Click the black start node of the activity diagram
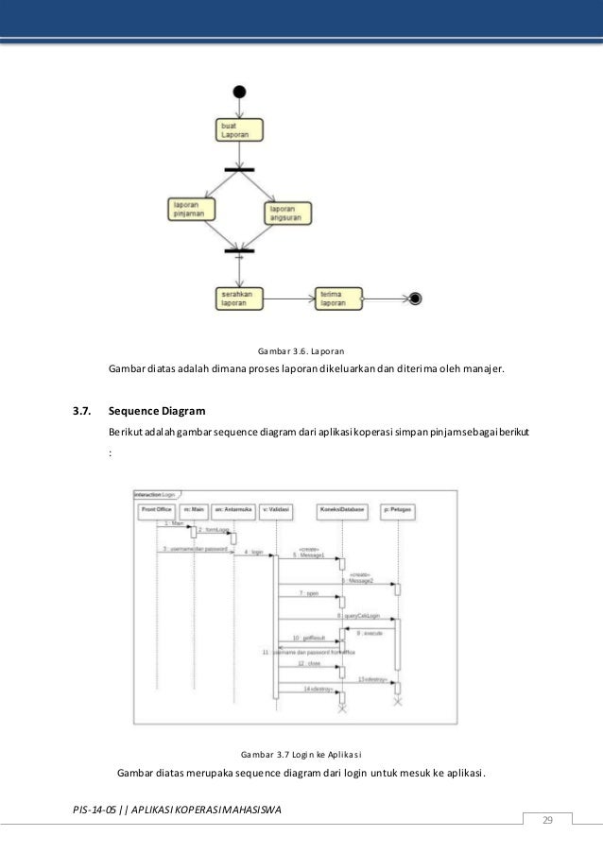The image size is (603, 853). click(x=239, y=92)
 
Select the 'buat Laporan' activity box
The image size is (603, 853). click(x=238, y=130)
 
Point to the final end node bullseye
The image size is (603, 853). click(x=414, y=299)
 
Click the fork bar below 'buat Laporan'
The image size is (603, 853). click(x=239, y=169)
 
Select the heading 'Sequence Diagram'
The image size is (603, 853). click(x=158, y=412)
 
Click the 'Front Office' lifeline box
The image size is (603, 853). click(x=156, y=510)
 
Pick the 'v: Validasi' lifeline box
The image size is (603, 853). click(x=275, y=510)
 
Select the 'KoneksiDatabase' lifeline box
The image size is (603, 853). click(x=341, y=510)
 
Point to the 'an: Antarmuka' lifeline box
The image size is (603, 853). click(x=233, y=510)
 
